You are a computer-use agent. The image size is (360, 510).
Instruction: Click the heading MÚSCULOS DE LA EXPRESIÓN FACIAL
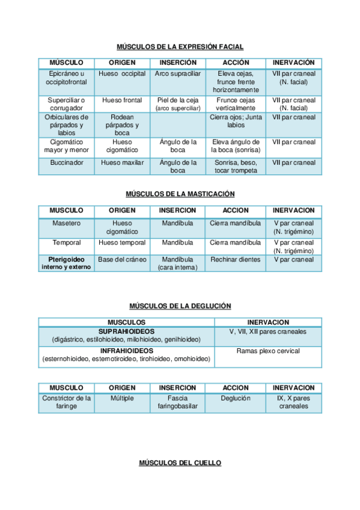(180, 47)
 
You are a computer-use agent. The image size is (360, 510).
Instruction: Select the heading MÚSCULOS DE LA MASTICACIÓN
(180, 194)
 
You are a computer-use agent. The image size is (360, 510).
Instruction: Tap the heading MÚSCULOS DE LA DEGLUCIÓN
(180, 306)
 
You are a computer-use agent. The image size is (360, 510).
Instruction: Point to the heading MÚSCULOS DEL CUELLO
(180, 463)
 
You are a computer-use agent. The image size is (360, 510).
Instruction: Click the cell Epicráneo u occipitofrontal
(67, 78)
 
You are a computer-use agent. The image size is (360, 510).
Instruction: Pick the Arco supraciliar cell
(177, 73)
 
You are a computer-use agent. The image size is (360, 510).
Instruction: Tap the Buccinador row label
(67, 162)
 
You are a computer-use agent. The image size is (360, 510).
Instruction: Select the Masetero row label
(67, 223)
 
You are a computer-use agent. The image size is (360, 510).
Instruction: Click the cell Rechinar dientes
(236, 260)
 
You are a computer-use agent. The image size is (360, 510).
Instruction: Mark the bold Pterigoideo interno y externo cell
(67, 263)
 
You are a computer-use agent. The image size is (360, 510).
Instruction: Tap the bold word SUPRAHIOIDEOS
(126, 331)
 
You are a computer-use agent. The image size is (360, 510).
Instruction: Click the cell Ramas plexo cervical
(268, 351)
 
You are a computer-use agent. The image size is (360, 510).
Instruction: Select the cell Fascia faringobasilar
(177, 402)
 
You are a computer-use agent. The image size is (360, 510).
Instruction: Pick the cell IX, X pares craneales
(294, 402)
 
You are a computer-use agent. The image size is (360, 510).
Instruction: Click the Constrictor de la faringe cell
(67, 402)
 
